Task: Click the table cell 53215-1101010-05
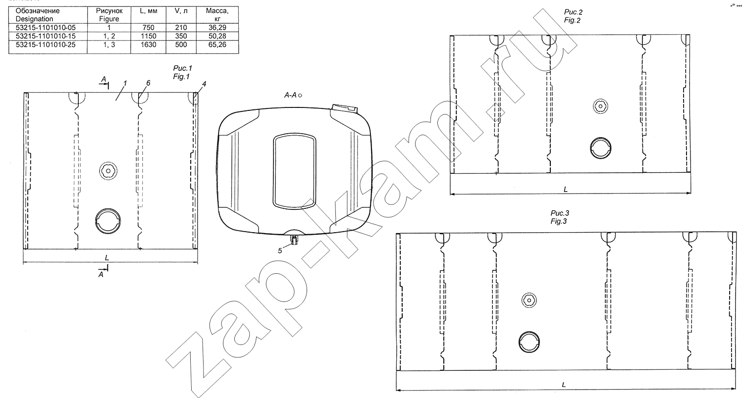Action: click(x=46, y=28)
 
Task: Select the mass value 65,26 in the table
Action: click(x=217, y=45)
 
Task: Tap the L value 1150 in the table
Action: click(x=148, y=36)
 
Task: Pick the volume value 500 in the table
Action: click(x=181, y=45)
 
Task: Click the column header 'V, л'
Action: click(x=181, y=11)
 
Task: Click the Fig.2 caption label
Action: click(x=573, y=16)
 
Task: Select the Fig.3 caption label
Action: click(x=560, y=217)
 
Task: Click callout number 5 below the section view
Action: click(x=280, y=251)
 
